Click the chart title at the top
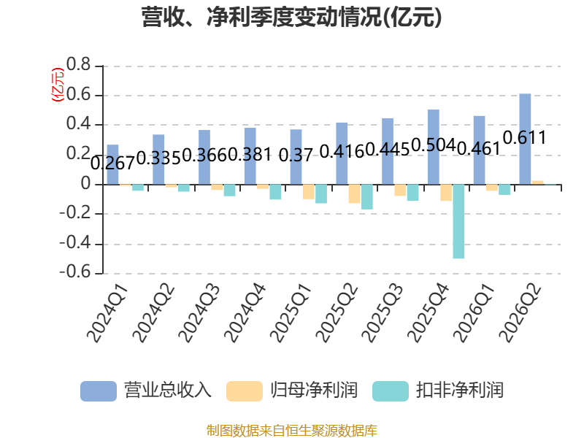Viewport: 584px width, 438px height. pos(291,17)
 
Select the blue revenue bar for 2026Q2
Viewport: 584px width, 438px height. pos(525,139)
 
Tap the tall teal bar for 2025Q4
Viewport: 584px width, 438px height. pos(458,221)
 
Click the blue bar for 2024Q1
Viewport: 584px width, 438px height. pos(113,164)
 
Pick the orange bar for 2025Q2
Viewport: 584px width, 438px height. pos(354,193)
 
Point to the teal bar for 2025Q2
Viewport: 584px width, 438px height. pos(367,196)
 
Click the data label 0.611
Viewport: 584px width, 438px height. pos(524,138)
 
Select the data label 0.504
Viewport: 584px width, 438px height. pos(434,145)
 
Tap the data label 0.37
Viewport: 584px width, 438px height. pos(296,155)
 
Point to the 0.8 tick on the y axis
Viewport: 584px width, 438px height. pos(79,64)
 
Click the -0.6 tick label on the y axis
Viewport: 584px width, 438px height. pos(75,272)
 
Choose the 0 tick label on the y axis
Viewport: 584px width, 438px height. pos(86,184)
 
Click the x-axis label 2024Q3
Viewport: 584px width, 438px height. pos(199,312)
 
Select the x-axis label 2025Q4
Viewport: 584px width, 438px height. pos(429,312)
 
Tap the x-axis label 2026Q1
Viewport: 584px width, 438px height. pos(474,312)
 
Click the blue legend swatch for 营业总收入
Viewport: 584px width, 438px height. pos(99,391)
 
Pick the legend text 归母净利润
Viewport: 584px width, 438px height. pos(314,391)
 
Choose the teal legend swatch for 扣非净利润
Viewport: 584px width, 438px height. pos(391,391)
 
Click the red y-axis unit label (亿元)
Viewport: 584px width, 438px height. pos(58,85)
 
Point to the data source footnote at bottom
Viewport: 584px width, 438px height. pos(292,431)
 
